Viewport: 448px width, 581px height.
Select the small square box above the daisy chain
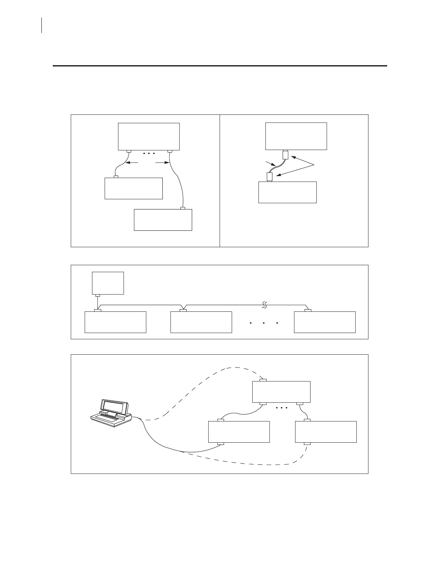(x=108, y=283)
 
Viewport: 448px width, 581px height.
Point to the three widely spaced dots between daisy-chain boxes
(x=264, y=323)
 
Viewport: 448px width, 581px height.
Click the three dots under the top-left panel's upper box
(x=148, y=153)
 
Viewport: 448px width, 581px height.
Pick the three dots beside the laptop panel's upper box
(x=281, y=408)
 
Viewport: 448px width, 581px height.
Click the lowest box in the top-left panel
(x=163, y=220)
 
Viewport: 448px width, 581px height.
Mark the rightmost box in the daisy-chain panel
(x=324, y=322)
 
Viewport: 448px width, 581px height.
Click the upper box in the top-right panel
(x=296, y=136)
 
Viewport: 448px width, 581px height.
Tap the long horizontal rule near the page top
(x=220, y=66)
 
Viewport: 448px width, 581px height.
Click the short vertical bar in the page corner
(x=42, y=25)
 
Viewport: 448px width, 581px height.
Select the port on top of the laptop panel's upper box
(x=263, y=380)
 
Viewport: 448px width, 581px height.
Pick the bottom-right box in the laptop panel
(x=326, y=432)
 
